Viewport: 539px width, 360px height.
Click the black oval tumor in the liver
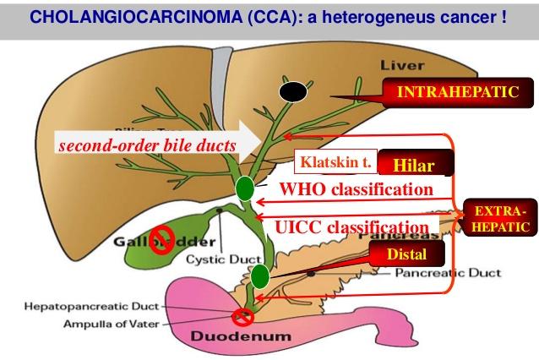(x=293, y=91)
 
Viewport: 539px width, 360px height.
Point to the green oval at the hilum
(x=245, y=188)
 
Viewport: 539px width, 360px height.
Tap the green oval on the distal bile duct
(x=259, y=275)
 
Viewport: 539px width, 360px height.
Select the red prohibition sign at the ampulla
(x=243, y=317)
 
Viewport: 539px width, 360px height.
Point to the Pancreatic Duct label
(x=455, y=274)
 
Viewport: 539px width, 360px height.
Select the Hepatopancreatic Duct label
(x=68, y=309)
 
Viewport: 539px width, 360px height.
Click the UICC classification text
(x=351, y=226)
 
